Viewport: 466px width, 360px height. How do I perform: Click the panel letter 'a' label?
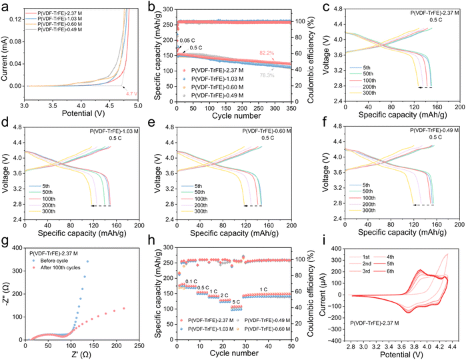[x=5, y=6]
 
